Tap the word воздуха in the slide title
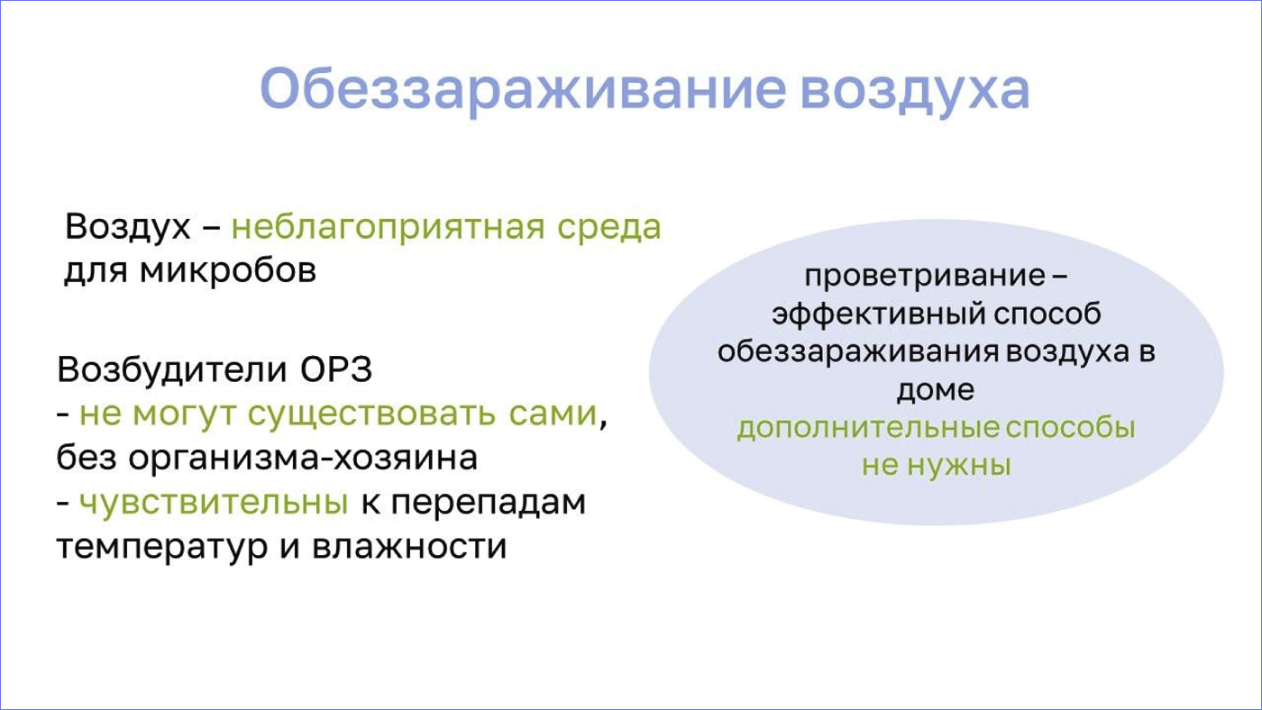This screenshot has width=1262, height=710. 915,90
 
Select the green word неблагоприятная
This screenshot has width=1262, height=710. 389,227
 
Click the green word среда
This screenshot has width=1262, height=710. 609,227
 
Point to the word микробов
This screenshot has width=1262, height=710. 228,270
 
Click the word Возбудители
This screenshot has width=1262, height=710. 172,370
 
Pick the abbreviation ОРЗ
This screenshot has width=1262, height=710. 335,370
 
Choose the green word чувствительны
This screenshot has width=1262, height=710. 214,502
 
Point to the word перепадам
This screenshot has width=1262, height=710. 488,502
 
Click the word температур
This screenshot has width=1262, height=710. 162,546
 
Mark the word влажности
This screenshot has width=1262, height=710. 409,546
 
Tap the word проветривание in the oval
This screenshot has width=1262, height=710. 924,277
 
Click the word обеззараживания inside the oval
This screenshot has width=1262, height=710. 857,352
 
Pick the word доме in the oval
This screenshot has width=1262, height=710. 936,390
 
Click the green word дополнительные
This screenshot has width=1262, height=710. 867,428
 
